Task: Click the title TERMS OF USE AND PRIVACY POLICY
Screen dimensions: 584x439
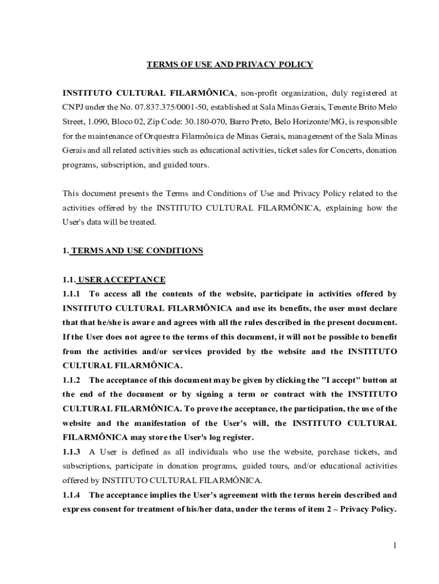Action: coord(230,64)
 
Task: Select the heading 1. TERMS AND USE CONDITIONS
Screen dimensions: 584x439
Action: coord(132,250)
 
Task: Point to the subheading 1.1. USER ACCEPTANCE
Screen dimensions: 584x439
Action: coord(114,279)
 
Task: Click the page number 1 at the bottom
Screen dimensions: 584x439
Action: coord(394,546)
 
